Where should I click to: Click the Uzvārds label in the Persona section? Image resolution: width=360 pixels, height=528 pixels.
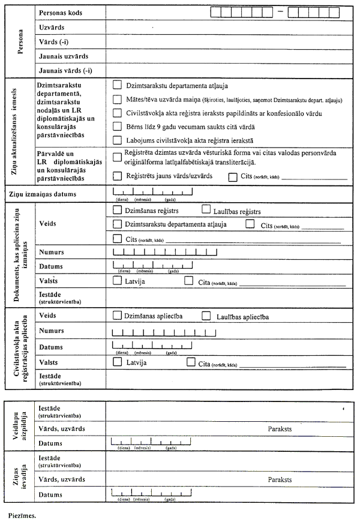point(52,28)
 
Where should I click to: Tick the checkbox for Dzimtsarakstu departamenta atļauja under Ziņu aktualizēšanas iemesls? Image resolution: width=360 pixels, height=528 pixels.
point(117,85)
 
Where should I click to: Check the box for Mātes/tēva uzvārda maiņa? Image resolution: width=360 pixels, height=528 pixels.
point(117,98)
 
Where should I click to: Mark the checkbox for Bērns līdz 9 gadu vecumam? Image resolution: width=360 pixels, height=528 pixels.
point(117,126)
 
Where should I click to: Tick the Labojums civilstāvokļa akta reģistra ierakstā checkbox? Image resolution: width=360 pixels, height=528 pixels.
point(117,139)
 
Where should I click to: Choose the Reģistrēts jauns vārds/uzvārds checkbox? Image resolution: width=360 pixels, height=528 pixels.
point(117,176)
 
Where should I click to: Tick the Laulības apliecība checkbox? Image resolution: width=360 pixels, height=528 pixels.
point(206,315)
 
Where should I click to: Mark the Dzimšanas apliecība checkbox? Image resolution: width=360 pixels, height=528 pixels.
point(117,315)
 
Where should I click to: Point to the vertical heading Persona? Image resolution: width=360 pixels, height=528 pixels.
point(21,41)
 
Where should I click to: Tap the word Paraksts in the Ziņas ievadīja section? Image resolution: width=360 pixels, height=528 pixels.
point(280,480)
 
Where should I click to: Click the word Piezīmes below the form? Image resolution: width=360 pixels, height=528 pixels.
point(23,515)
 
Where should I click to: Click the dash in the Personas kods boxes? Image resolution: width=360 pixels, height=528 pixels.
point(280,12)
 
